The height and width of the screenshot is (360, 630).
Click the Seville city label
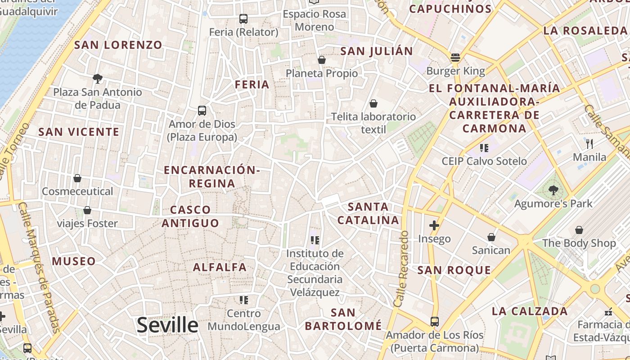167,325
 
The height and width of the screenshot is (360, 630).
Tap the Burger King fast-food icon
455,58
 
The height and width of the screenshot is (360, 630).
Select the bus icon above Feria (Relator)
243,19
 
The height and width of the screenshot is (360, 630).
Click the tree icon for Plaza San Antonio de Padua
97,79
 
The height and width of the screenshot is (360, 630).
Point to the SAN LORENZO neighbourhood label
118,45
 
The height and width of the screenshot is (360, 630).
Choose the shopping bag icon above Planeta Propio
322,60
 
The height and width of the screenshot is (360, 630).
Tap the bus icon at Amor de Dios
202,110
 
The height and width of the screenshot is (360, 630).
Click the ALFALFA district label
220,267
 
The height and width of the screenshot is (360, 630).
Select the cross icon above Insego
434,225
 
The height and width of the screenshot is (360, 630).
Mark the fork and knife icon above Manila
589,144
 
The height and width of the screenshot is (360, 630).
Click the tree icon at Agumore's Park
553,190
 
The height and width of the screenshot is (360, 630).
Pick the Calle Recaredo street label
400,269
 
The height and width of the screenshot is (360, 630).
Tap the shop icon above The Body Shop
579,230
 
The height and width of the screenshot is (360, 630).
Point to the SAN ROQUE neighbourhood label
454,270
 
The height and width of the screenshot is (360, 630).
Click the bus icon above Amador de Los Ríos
435,322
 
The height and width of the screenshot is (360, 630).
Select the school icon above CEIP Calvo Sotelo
484,148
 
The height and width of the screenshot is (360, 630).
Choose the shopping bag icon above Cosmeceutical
77,178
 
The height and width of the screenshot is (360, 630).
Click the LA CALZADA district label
530,311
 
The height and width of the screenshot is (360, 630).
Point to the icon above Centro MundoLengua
244,300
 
